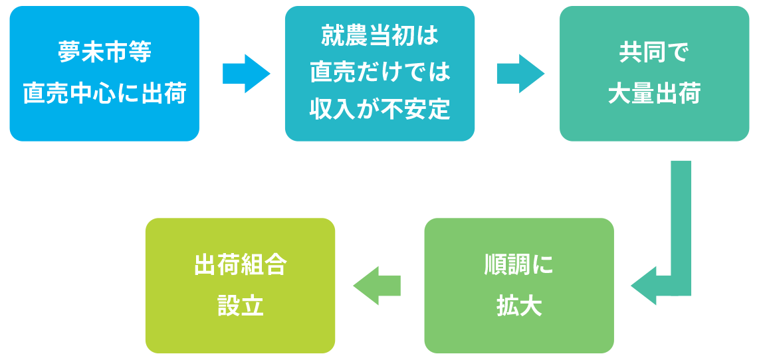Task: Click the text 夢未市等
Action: click(x=104, y=52)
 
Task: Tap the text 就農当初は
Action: click(x=379, y=35)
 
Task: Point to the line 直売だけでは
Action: click(x=379, y=72)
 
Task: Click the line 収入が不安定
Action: click(x=379, y=110)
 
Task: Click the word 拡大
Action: click(x=518, y=306)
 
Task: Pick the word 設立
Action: click(x=240, y=306)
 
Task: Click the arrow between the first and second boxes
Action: click(x=245, y=74)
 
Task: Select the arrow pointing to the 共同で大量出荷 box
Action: click(x=520, y=74)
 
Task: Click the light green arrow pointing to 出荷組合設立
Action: click(x=376, y=286)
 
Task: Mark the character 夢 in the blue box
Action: click(x=69, y=52)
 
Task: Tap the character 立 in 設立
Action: click(x=252, y=306)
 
